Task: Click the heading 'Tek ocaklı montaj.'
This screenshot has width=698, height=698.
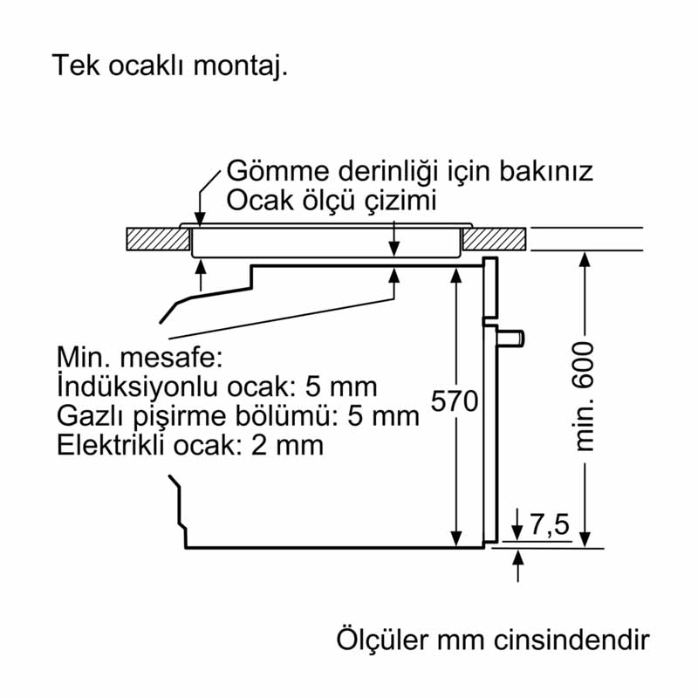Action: [x=169, y=66]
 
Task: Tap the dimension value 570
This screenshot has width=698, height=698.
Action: [x=455, y=402]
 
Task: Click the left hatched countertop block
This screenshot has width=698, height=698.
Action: [x=158, y=239]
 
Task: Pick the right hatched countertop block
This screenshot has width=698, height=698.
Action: [x=494, y=239]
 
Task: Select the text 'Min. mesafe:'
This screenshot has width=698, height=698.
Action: [x=140, y=357]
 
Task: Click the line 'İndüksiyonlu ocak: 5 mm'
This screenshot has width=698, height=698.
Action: [x=217, y=387]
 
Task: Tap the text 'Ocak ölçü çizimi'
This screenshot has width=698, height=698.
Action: [x=331, y=201]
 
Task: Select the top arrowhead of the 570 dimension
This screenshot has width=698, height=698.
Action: [x=455, y=275]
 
